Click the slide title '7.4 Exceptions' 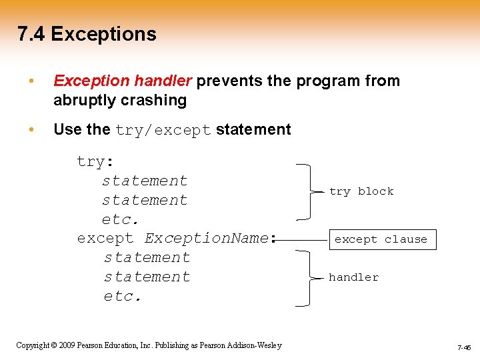tap(87, 34)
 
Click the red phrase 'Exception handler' tap(123, 81)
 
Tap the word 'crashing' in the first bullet tap(154, 101)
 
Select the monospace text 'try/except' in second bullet tap(163, 130)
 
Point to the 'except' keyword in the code tap(105, 239)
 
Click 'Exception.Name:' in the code tap(209, 239)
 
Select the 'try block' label tap(361, 191)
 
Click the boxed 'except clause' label tap(381, 239)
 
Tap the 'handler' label tap(353, 277)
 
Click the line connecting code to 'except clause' tap(303, 239)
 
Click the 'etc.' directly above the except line tap(121, 219)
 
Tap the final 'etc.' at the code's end tap(123, 296)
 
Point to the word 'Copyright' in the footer tap(31, 345)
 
